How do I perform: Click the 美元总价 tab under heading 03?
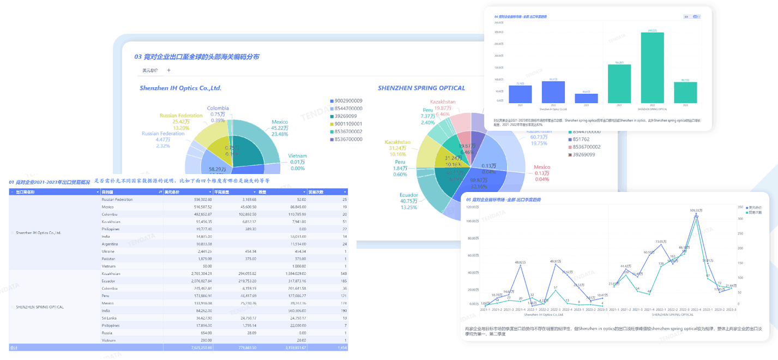coord(150,70)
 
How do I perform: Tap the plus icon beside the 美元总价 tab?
coord(169,70)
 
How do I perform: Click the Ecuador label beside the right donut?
coord(409,195)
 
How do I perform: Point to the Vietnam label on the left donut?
coord(298,156)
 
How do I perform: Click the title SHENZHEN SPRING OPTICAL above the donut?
coord(421,88)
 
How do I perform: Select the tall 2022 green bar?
coord(652,68)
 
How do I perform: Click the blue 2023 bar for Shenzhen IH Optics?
coord(586,98)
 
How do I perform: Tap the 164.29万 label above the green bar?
coord(619,62)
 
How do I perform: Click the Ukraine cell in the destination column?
coord(108,251)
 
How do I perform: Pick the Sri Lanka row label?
coord(110,317)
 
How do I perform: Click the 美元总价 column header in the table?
coord(173,192)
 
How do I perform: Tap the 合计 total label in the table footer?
coord(14,347)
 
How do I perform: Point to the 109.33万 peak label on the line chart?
coord(696,211)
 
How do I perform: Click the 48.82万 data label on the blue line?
coord(520,262)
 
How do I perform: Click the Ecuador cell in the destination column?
coord(109,281)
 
